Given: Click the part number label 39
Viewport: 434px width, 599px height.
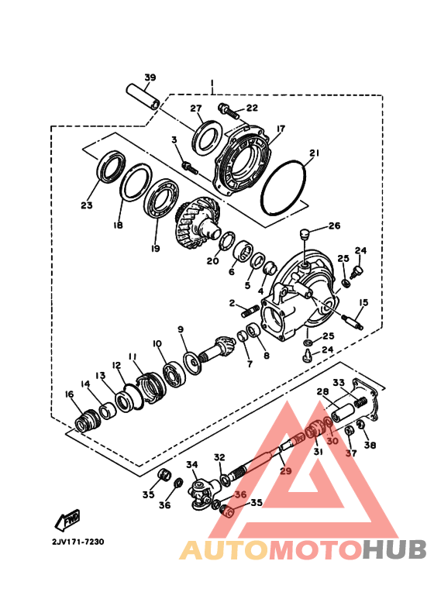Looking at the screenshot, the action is click(x=150, y=77).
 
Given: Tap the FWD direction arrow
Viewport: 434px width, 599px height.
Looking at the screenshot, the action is click(x=67, y=520).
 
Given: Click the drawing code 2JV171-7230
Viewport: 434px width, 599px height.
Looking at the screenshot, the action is click(x=78, y=542).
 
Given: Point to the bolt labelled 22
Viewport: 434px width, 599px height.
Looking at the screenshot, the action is click(x=229, y=111).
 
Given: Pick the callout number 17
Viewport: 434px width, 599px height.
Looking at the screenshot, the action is click(x=281, y=129).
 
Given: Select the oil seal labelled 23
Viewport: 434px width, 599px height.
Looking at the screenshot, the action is click(x=111, y=167).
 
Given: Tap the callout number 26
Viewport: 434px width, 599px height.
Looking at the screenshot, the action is click(x=334, y=225).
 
